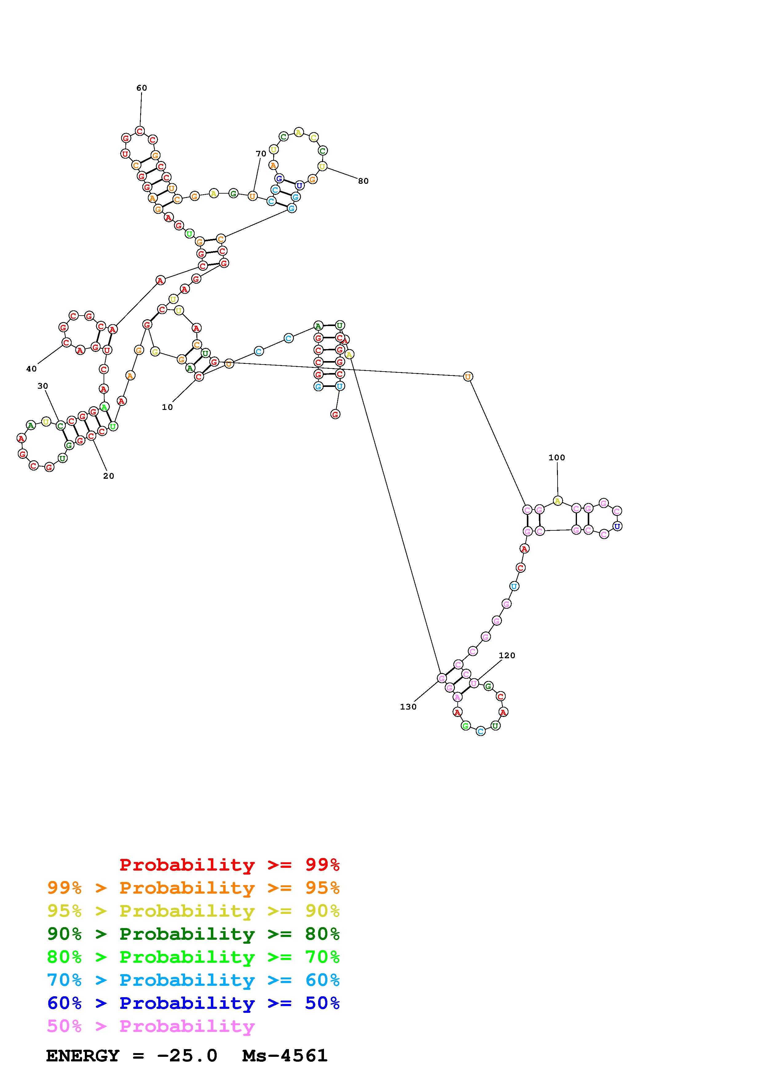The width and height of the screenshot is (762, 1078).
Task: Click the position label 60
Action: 141,88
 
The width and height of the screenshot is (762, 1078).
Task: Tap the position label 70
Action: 261,154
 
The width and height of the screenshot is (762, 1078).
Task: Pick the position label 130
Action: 408,706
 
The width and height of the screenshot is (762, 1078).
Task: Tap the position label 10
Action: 167,407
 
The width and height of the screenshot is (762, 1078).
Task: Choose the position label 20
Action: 109,476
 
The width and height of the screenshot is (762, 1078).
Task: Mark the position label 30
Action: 43,386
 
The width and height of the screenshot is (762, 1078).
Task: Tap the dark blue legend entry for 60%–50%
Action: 193,1003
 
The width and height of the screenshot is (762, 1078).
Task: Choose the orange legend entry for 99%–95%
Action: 193,887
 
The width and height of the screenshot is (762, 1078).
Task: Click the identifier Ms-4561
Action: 285,1056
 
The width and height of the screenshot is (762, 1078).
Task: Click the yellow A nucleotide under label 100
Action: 557,501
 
